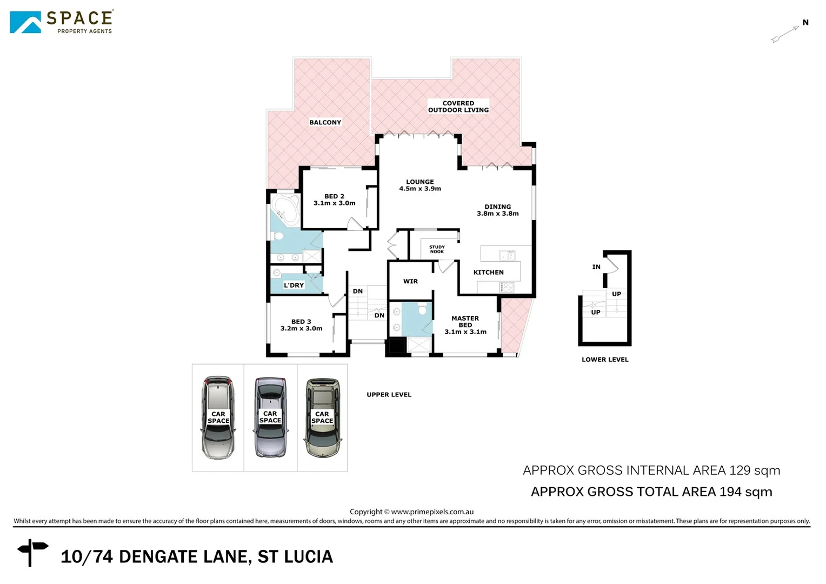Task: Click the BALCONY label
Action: [x=325, y=122]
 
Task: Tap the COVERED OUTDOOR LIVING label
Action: [x=458, y=107]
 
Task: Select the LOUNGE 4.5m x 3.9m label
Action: [x=420, y=185]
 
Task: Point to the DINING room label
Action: [x=497, y=210]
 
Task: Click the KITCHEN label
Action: [x=488, y=272]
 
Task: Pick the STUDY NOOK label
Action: [x=437, y=249]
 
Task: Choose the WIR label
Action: [x=410, y=281]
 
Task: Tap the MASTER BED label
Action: [x=465, y=325]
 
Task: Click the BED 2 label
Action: [x=334, y=200]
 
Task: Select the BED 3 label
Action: [x=301, y=325]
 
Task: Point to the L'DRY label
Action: [x=294, y=285]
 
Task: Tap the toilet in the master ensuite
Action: [x=422, y=309]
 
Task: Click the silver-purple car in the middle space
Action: [x=270, y=417]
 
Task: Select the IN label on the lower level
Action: [x=596, y=267]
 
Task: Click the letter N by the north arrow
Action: [x=805, y=23]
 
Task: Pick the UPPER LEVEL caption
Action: [x=389, y=395]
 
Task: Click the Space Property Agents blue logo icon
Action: [x=25, y=23]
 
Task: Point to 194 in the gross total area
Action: [x=730, y=492]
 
